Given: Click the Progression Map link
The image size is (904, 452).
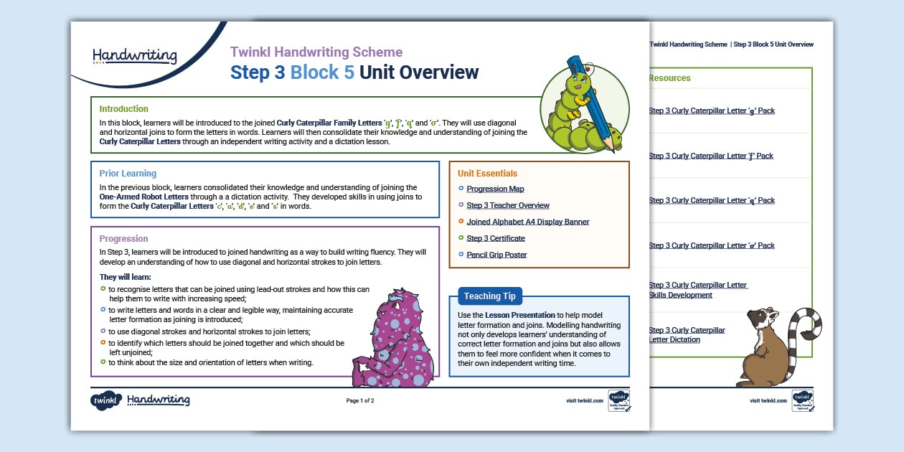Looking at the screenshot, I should pos(495,189).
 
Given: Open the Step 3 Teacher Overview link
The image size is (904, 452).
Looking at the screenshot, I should pos(508,206).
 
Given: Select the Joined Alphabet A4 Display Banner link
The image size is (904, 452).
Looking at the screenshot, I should pos(527,222).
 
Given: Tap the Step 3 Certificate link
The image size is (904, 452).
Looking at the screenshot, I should pos(496,238).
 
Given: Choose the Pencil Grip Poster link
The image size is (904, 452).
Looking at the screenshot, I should pos(496,255).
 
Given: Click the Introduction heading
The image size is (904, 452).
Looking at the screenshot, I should pos(124,109).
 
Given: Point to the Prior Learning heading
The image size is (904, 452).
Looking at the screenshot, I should pos(128,174).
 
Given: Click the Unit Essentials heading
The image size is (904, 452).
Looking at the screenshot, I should pos(487,174).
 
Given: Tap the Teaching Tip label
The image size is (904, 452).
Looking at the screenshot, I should pos(491,296).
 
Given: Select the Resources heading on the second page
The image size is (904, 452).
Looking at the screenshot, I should pos(669,78).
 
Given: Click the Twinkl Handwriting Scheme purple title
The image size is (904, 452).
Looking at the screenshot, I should pos(316,52).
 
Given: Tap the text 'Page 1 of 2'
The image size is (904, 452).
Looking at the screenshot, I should pos(360,401).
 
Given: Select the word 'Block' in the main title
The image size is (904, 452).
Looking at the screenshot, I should pos(322,72).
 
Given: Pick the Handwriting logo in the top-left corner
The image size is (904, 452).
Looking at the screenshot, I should pos(134,55).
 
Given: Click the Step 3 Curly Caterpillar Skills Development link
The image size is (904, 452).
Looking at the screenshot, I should pos(697,290).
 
